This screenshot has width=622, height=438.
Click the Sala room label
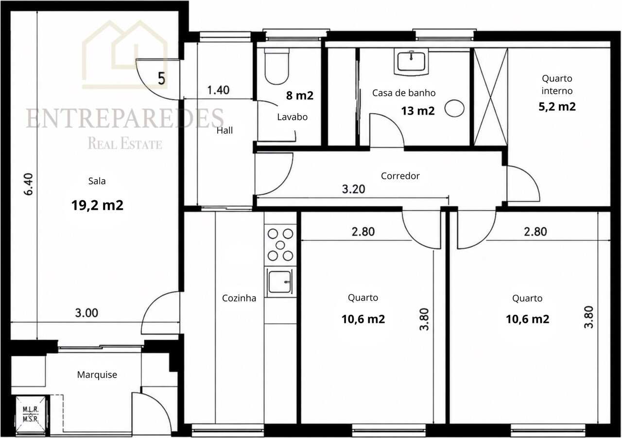coord(97,181)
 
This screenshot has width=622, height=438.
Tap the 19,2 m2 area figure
coord(97,205)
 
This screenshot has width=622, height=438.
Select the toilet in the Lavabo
coord(277,67)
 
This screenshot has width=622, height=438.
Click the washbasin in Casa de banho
coord(411,62)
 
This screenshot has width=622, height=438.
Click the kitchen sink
coord(280,282)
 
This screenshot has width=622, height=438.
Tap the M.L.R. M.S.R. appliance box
coord(31,414)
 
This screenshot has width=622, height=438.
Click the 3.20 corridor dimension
coord(353,189)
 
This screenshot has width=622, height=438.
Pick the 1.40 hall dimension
coord(218,90)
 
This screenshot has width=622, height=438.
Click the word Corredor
coord(400,176)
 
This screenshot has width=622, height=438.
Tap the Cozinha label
coord(239,298)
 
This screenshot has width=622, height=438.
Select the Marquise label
coord(97,375)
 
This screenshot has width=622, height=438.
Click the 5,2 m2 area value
coord(557,106)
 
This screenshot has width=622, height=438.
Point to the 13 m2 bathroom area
coord(417,111)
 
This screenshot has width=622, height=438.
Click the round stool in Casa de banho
coord(454,108)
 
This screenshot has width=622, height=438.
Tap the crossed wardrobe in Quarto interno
coord(491,97)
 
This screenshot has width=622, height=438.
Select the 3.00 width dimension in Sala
coord(86,313)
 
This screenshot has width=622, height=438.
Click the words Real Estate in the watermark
coord(125,144)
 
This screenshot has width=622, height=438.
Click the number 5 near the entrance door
coord(161,78)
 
